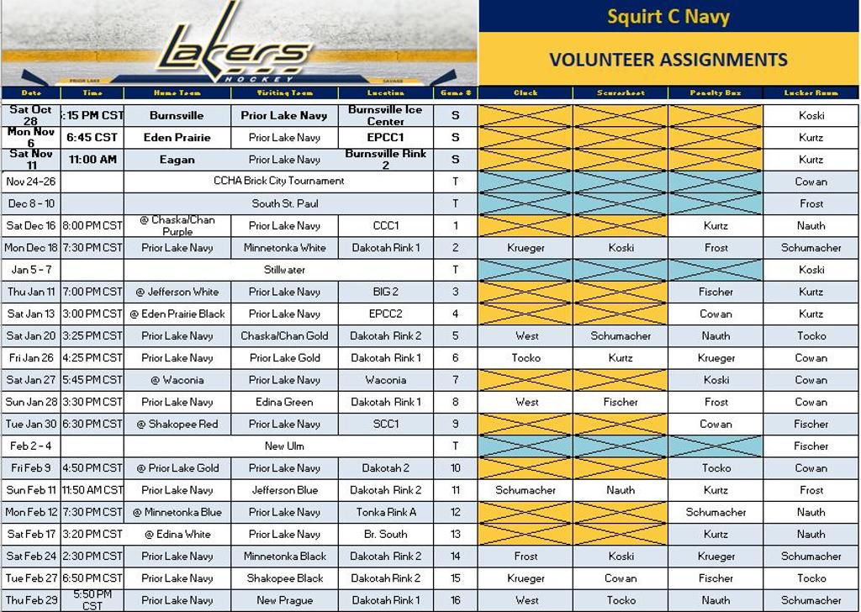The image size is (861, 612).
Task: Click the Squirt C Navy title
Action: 668,16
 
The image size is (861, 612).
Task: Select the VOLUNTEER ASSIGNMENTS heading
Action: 668,60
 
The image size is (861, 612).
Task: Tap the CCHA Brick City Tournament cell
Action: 278,181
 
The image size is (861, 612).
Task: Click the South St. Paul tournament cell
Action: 278,203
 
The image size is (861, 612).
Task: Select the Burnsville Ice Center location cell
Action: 385,115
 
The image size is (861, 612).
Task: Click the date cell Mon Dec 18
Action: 31,248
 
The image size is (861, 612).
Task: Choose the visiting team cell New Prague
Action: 284,600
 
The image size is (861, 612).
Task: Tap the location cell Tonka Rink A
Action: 385,512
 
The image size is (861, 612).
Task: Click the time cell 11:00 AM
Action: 92,159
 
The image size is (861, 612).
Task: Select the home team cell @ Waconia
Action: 177,380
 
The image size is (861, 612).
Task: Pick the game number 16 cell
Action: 456,600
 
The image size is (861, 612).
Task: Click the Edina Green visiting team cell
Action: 284,402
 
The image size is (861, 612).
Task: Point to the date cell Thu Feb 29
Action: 31,600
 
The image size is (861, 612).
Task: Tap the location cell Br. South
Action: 385,534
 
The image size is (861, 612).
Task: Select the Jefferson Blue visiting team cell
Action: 284,490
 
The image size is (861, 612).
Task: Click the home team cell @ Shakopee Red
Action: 177,424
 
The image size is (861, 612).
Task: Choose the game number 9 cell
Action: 456,424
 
